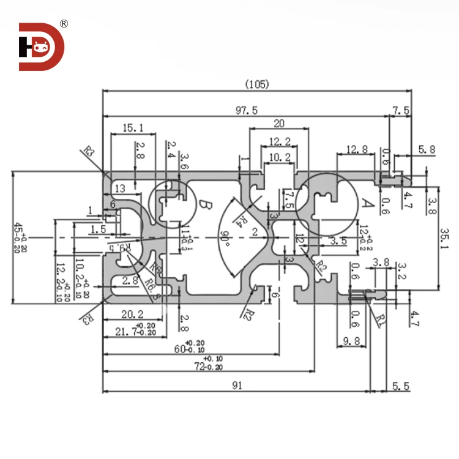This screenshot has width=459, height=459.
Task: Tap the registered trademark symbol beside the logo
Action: point(64,24)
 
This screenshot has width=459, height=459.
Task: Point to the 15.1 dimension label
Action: point(133,128)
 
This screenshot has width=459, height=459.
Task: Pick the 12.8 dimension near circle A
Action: point(356,149)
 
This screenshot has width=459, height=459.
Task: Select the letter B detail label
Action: point(206,206)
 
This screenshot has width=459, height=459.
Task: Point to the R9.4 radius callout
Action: point(121,248)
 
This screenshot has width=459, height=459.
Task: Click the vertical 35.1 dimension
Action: point(445,239)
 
